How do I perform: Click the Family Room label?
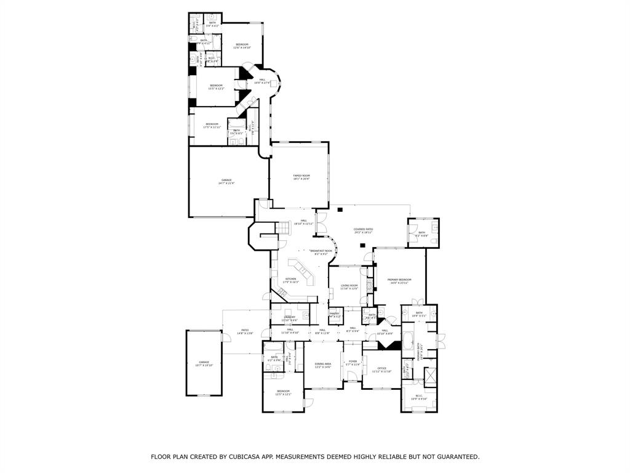[301, 176]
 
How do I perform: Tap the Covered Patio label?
[364, 229]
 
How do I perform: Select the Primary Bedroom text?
[399, 280]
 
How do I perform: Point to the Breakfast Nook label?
[321, 251]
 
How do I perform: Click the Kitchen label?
[290, 280]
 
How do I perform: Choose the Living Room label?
[349, 286]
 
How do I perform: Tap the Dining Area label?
[323, 365]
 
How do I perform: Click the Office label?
[381, 369]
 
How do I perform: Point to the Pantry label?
[334, 313]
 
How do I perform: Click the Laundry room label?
[289, 317]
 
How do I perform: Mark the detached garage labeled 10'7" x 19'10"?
[204, 362]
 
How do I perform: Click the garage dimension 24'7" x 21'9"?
[226, 183]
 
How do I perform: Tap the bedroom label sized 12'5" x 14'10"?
[242, 44]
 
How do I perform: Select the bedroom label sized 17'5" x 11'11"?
[212, 124]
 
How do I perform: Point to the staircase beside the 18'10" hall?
[284, 229]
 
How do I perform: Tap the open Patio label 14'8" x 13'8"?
[245, 331]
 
